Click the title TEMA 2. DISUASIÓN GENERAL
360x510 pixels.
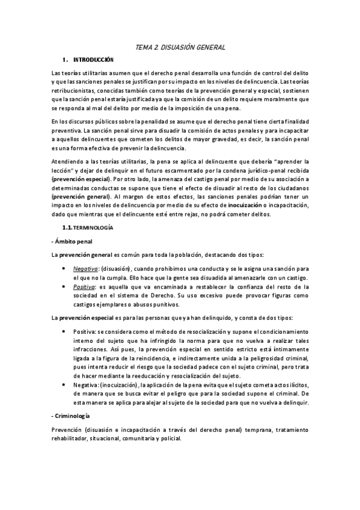tap(180, 47)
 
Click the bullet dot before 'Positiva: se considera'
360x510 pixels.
tap(64, 331)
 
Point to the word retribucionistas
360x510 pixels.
tap(72, 89)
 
